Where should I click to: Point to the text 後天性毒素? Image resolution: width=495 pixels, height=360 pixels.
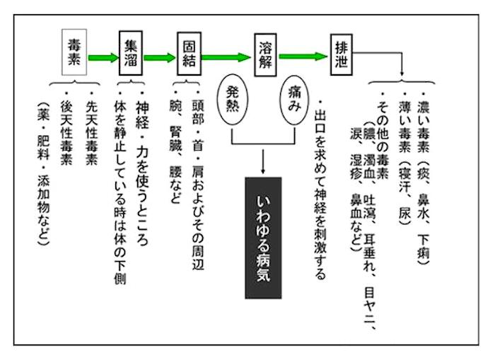(68, 141)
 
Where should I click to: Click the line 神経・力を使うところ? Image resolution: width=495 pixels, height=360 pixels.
(143, 167)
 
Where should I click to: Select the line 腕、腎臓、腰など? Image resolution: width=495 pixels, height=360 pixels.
(176, 151)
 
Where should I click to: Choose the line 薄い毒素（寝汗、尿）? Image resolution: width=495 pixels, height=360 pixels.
(403, 158)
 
